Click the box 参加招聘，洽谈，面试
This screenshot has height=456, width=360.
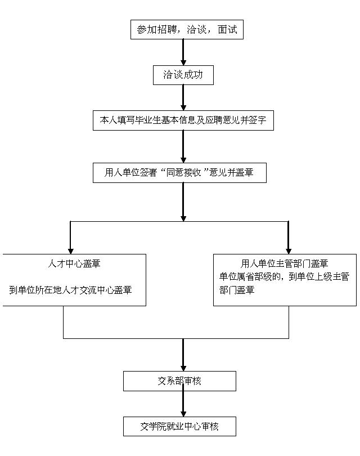tap(187, 29)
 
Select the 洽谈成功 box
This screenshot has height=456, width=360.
tap(183, 75)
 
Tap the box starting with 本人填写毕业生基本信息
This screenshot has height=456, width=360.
tap(183, 120)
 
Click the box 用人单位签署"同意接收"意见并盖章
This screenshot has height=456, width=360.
tap(179, 172)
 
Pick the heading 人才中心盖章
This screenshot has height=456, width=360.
tap(74, 263)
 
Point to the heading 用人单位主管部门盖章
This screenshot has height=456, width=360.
tap(285, 263)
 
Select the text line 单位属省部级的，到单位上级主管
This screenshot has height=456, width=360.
tap(285, 276)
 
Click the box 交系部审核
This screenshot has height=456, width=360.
tap(179, 381)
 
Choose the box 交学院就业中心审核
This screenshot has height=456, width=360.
tap(179, 426)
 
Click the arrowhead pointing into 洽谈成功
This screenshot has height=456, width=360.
tap(183, 62)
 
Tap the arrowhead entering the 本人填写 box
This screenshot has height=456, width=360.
tap(183, 107)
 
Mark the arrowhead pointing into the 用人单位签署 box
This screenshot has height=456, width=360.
tap(183, 159)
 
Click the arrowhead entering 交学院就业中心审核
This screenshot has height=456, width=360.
tap(183, 413)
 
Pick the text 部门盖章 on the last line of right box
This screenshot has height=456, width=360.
tap(237, 290)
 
